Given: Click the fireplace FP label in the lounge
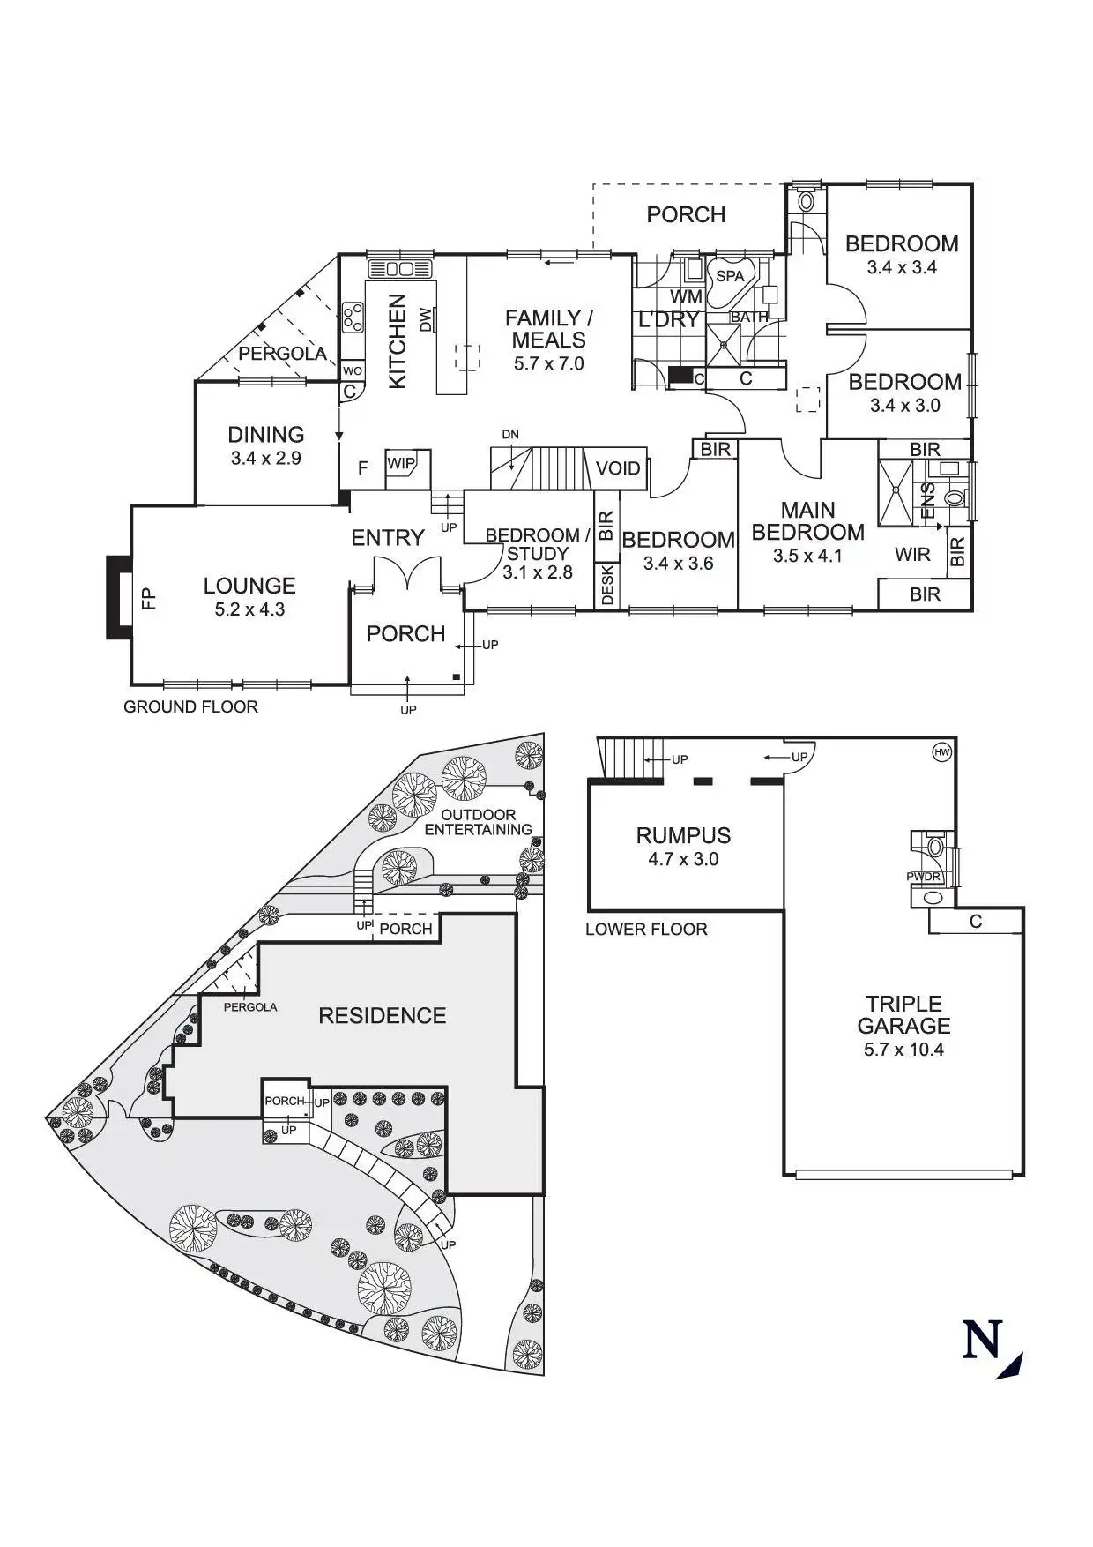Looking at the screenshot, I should tap(149, 599).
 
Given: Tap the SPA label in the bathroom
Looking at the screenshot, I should tap(730, 276).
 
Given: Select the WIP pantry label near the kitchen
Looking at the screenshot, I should tap(401, 464).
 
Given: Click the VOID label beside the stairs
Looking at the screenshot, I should tap(618, 467).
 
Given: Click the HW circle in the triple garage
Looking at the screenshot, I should tap(942, 752).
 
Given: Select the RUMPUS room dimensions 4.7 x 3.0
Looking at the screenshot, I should tap(683, 859).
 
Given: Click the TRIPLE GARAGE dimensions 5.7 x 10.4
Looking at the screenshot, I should tap(903, 1050).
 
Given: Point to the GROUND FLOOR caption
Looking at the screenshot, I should tap(190, 706).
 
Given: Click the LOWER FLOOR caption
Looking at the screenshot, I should tap(646, 929).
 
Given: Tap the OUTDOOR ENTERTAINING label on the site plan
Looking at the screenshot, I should tap(479, 822).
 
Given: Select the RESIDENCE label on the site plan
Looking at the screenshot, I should tap(382, 1015).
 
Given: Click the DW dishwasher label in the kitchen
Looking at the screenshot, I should tap(425, 318).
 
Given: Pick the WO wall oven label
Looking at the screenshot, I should tap(352, 371).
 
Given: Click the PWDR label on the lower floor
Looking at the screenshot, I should tap(923, 877).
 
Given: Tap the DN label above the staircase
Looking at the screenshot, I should tap(510, 434).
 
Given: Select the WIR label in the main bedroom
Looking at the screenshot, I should tap(912, 554).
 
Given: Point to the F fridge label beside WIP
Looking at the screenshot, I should tap(362, 467).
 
